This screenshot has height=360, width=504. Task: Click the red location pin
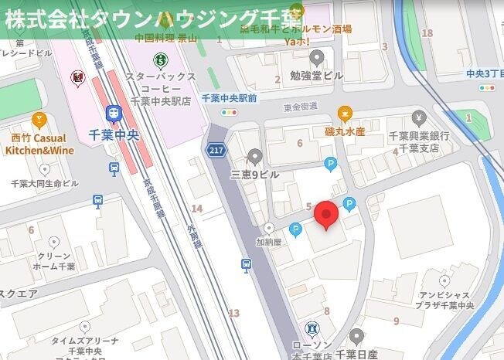[x=327, y=215]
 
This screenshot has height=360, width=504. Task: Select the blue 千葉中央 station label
[x=114, y=134]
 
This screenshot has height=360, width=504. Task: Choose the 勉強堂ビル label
[x=317, y=75]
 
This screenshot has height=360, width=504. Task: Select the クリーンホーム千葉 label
[x=55, y=261]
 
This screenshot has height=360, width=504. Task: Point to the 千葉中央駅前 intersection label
[x=229, y=98]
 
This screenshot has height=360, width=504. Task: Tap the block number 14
[x=197, y=209]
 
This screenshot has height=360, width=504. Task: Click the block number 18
[x=427, y=33]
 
